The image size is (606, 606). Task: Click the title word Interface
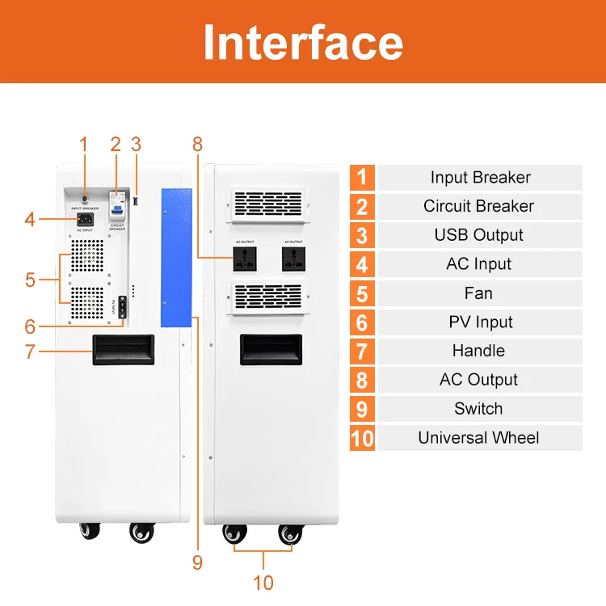click(303, 42)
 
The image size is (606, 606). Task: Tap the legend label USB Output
click(478, 235)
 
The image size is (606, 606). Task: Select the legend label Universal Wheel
click(478, 438)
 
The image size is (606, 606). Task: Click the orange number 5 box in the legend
click(363, 293)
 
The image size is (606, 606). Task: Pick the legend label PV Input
click(478, 322)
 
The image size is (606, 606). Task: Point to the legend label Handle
click(478, 351)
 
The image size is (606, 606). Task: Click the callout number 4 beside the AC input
click(30, 218)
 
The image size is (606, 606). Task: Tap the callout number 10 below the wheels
click(263, 583)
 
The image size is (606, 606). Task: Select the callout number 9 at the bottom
click(197, 562)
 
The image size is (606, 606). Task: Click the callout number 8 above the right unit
click(197, 145)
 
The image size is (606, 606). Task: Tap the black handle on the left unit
click(123, 350)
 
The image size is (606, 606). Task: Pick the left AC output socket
click(245, 259)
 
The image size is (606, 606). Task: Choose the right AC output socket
click(293, 259)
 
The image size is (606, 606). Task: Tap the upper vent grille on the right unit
click(269, 204)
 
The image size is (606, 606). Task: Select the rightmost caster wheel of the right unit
click(291, 534)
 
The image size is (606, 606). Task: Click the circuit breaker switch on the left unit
click(118, 205)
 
